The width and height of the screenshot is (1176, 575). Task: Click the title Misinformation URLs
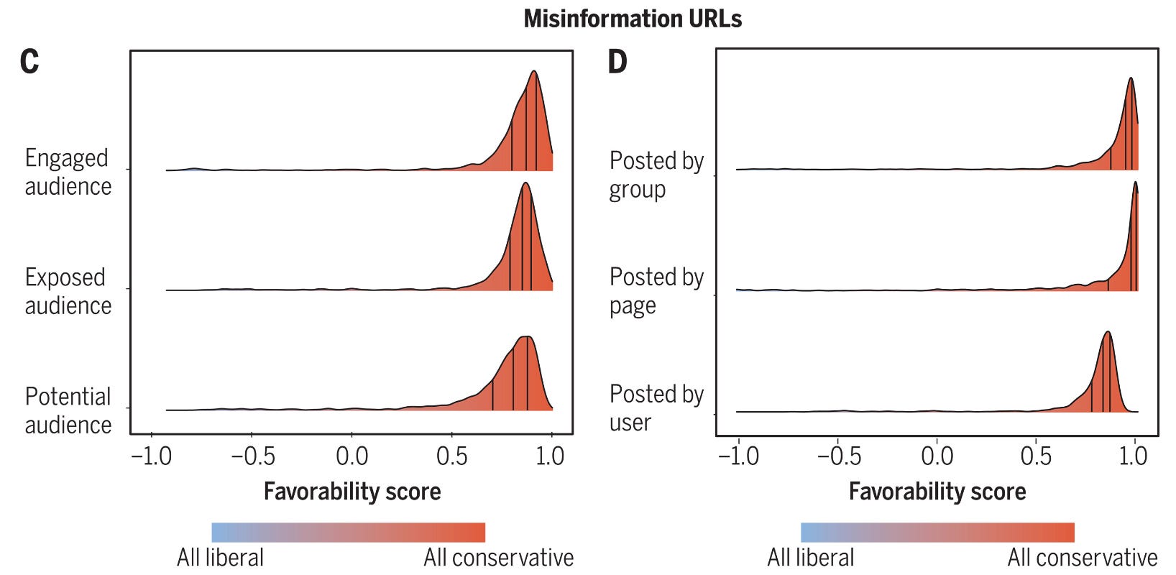pos(633,19)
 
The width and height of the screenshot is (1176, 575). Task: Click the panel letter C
pos(29,62)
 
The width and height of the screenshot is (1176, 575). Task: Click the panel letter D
pos(617,62)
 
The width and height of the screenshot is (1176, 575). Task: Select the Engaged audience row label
pos(68,172)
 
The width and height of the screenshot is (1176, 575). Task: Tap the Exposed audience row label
pos(68,291)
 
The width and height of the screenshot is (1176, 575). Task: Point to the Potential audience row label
pos(68,410)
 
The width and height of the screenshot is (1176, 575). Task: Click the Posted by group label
pos(656,175)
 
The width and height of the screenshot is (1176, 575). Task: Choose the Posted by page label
pos(656,291)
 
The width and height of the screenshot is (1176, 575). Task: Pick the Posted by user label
pos(656,408)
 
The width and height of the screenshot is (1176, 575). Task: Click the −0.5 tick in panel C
pos(252,456)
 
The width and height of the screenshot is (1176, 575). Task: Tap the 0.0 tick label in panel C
pos(352,456)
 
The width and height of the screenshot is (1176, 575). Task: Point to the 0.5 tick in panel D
pos(1036,456)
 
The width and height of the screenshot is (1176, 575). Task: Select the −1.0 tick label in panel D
pos(738,456)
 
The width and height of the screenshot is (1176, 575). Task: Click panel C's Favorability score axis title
pos(352,492)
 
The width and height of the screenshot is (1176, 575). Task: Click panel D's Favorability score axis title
pos(937,492)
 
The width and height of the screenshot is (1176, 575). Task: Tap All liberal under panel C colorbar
pos(220,558)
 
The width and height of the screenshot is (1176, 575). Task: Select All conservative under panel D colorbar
pos(1082,558)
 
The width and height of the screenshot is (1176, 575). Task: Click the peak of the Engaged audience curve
pos(534,71)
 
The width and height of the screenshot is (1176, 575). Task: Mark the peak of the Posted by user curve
pos(1108,332)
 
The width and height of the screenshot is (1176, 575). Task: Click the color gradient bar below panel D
pos(937,533)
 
